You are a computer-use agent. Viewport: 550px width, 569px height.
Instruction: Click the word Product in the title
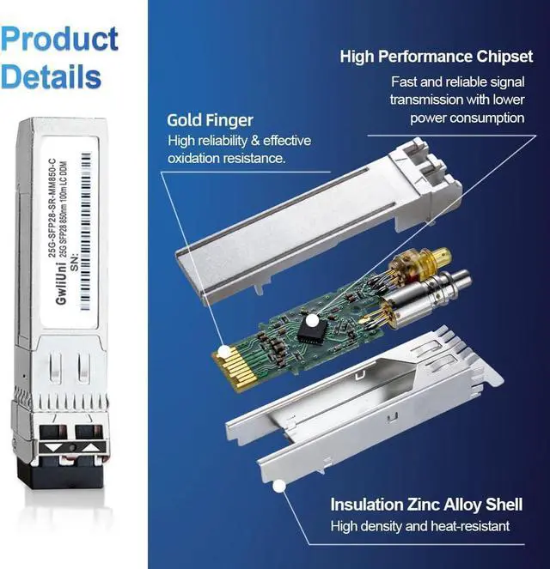pos(60,39)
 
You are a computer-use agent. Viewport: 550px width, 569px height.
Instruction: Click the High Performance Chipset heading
pos(435,58)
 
